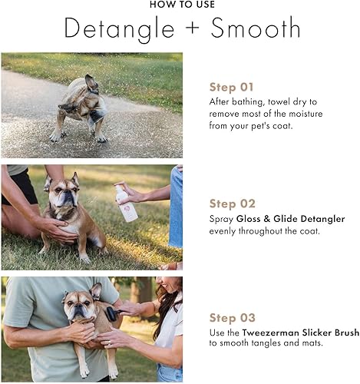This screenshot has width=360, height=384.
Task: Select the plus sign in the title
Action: [x=187, y=29]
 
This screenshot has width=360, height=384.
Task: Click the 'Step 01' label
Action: [x=231, y=86]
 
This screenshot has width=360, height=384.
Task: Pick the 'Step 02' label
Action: [x=231, y=204]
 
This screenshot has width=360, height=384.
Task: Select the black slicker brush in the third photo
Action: [x=107, y=313]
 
